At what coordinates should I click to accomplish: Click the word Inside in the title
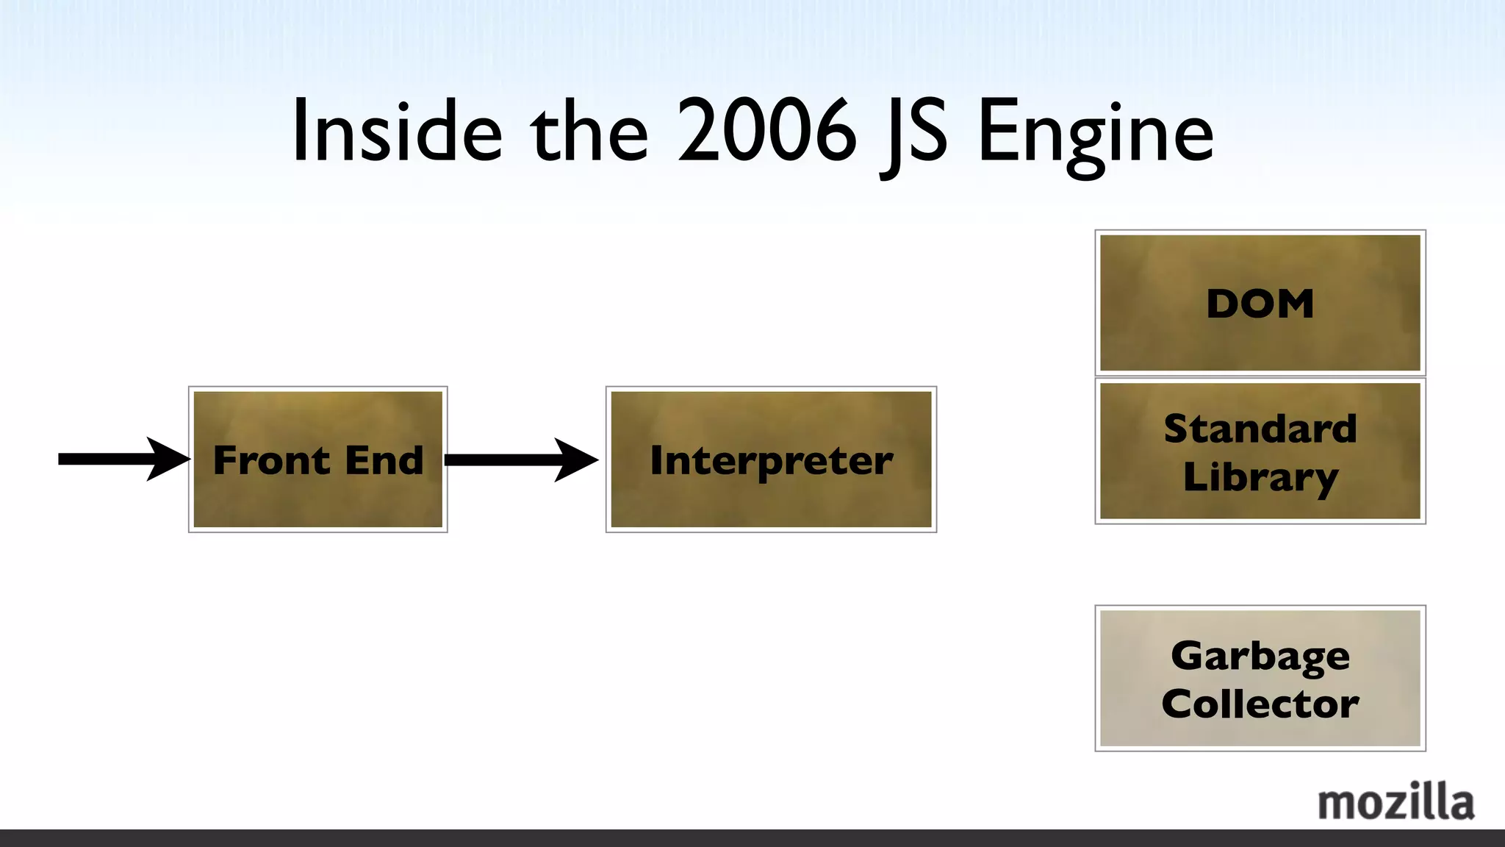click(x=398, y=132)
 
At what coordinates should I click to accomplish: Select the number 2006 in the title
click(x=766, y=132)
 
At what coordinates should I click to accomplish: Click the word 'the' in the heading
click(x=590, y=132)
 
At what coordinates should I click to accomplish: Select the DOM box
click(x=1260, y=303)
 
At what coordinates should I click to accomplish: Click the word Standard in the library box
click(x=1260, y=429)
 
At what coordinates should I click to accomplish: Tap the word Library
click(x=1260, y=477)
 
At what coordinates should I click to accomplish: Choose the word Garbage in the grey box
click(x=1260, y=656)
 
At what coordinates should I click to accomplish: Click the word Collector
click(x=1260, y=704)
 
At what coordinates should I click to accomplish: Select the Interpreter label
click(x=771, y=461)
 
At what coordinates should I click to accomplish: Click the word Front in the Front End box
click(x=271, y=461)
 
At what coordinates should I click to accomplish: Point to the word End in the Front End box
click(x=384, y=461)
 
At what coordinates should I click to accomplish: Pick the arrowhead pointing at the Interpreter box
click(x=577, y=460)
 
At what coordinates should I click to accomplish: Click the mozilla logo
click(x=1396, y=802)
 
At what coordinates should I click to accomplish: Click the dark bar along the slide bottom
click(x=752, y=838)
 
